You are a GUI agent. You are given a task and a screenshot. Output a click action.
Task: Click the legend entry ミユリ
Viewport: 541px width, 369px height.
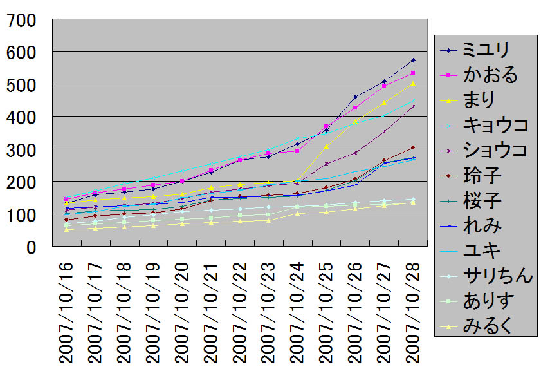(x=486, y=49)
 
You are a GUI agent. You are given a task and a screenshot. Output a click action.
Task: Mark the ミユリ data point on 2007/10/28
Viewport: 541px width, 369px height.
(x=413, y=60)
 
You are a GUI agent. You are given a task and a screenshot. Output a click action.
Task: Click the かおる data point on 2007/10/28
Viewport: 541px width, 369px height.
(x=413, y=73)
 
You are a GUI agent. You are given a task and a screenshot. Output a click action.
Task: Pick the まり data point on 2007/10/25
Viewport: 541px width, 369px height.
(x=326, y=146)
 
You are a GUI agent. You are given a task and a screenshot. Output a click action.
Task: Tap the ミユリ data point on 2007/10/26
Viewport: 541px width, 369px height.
(x=355, y=97)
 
